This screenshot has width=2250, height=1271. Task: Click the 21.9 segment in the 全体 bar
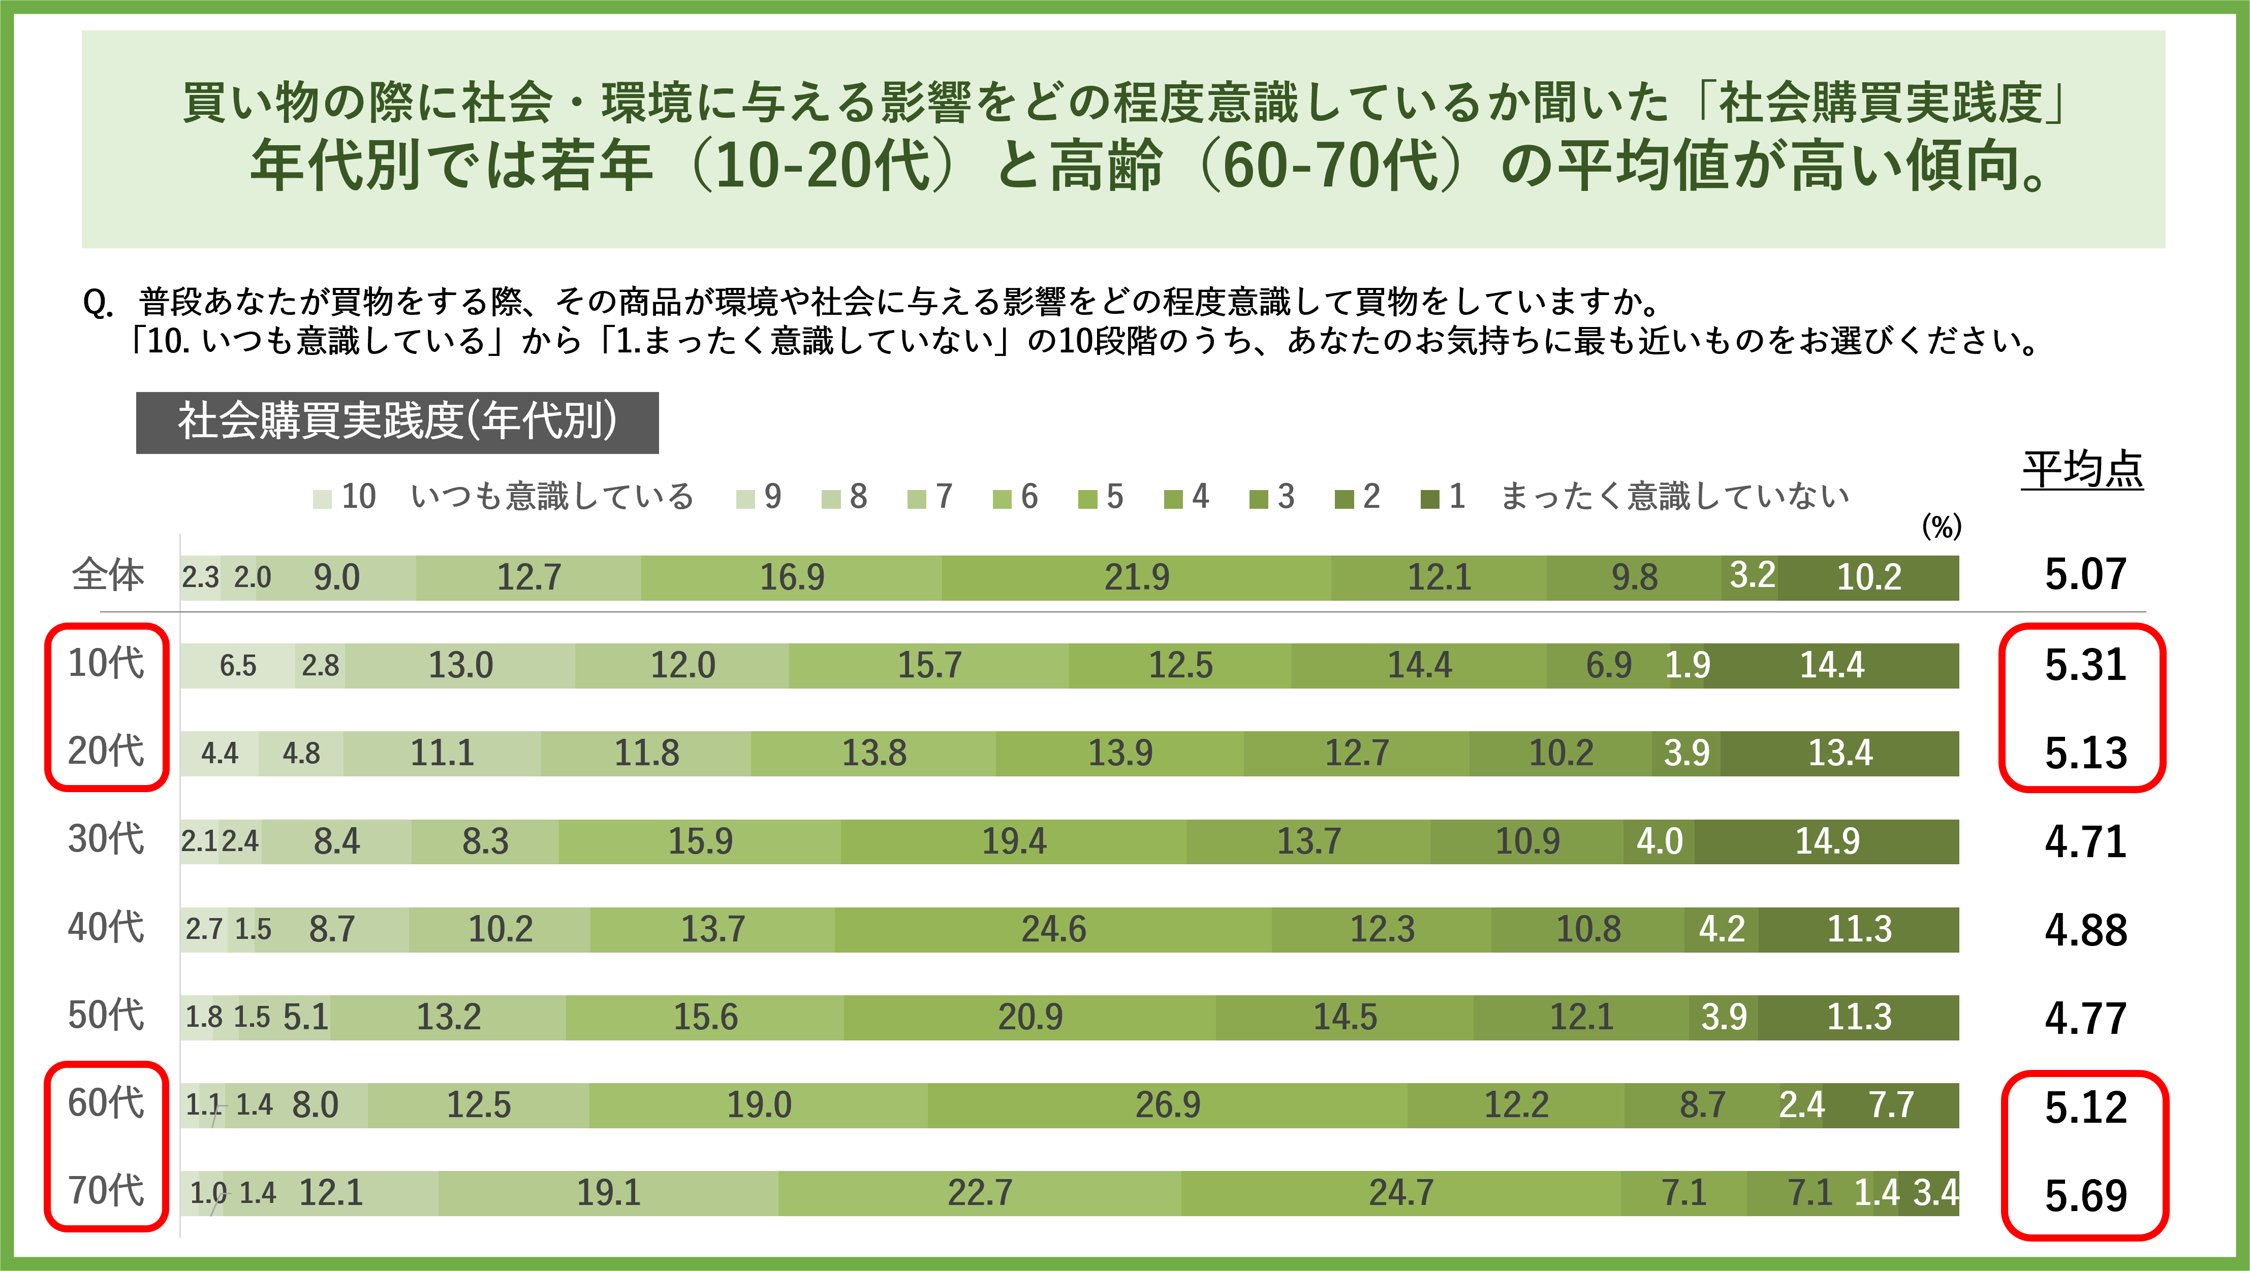pyautogui.click(x=1136, y=577)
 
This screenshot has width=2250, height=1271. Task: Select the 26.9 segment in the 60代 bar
pyautogui.click(x=1167, y=1105)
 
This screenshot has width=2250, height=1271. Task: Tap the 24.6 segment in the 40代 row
pyautogui.click(x=1053, y=929)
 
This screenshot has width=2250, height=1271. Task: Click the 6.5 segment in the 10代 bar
pyautogui.click(x=238, y=666)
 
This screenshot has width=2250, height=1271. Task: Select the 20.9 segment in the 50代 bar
pyautogui.click(x=1030, y=1017)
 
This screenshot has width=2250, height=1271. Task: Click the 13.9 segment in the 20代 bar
pyautogui.click(x=1120, y=753)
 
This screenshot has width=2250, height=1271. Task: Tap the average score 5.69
pyautogui.click(x=2085, y=1195)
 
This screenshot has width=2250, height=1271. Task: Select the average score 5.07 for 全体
pyautogui.click(x=2085, y=574)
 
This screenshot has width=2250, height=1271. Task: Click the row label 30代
pyautogui.click(x=106, y=839)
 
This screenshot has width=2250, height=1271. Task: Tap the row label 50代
pyautogui.click(x=106, y=1015)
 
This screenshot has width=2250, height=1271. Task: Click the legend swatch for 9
pyautogui.click(x=745, y=499)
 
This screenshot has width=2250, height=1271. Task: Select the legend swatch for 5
pyautogui.click(x=1087, y=499)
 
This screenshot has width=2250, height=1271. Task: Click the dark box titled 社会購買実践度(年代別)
pyautogui.click(x=397, y=422)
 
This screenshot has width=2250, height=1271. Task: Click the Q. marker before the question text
pyautogui.click(x=98, y=303)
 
